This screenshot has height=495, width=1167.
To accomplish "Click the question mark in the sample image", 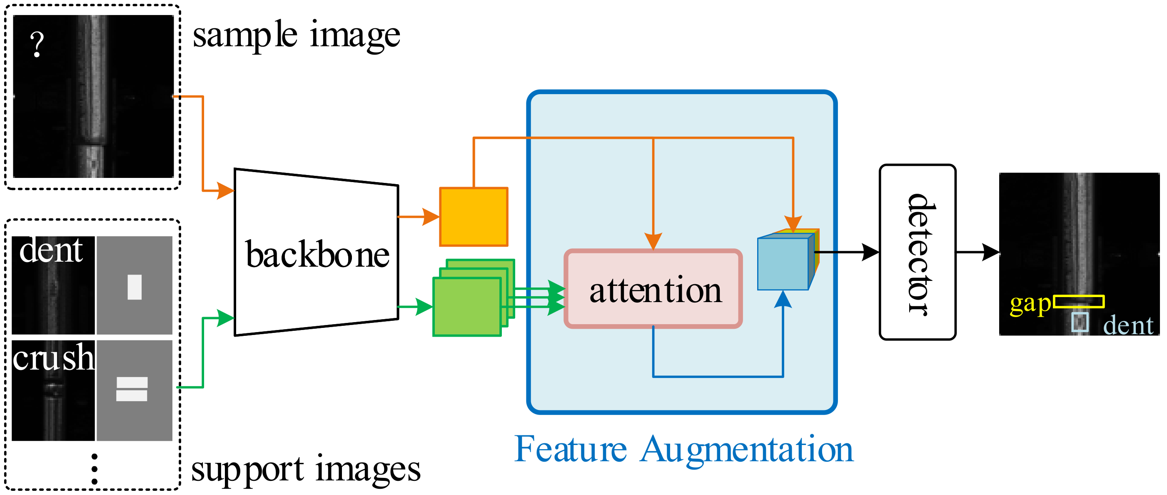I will [x=37, y=45].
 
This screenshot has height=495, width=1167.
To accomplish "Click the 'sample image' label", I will [x=296, y=35].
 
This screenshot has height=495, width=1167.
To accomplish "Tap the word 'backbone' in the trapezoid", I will [x=317, y=255].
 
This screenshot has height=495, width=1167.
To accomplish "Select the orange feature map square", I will [x=474, y=217].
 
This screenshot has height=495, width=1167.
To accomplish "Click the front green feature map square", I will [x=466, y=307].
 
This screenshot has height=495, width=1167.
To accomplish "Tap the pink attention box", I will [x=653, y=289].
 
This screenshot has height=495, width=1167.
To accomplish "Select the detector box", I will [x=918, y=252].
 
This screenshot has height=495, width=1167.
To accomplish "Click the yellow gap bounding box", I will [x=1079, y=301].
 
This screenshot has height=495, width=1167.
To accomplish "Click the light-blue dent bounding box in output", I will [x=1080, y=322].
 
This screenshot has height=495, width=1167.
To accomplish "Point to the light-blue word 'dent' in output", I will [x=1127, y=325].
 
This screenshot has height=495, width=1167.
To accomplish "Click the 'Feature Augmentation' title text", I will [x=683, y=450].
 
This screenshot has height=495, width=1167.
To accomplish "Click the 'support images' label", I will [x=306, y=470].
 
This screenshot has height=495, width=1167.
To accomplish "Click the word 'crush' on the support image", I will [x=53, y=357].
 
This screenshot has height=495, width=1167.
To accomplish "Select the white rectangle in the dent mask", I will [x=135, y=287].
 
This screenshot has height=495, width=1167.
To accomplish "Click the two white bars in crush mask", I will [x=132, y=389].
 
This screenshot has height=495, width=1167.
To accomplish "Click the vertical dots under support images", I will [x=94, y=469].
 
